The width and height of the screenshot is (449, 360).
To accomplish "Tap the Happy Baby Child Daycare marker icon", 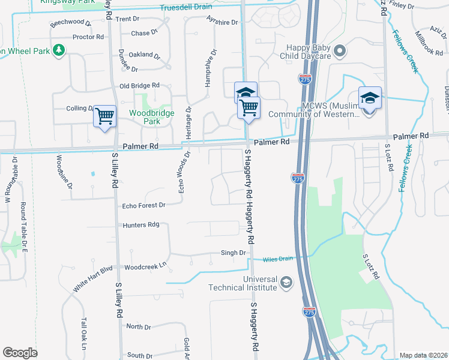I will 339,50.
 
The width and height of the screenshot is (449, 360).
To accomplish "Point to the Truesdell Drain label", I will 186,8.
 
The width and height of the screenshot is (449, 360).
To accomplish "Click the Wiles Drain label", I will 277,259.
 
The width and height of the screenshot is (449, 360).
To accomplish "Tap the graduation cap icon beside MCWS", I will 370,97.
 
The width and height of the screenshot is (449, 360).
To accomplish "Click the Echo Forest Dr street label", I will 143,205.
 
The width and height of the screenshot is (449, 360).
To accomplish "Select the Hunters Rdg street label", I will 140,225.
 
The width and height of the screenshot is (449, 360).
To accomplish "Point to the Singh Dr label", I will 234,253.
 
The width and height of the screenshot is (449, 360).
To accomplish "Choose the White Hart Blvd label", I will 92,279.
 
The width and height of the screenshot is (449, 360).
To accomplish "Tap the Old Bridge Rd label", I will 139,86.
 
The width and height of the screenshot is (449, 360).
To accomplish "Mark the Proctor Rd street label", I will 88,37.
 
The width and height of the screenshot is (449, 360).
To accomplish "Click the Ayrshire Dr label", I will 221,23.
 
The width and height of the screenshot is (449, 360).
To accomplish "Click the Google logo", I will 20,353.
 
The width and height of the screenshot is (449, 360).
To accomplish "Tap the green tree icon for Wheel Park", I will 59,50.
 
